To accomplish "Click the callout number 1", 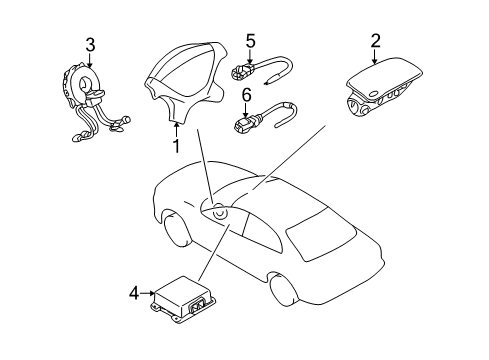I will coord(175,146).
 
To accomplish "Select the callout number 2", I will coord(375,41).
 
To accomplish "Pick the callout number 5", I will coord(250,41).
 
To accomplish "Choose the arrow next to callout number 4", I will coord(146,293).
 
